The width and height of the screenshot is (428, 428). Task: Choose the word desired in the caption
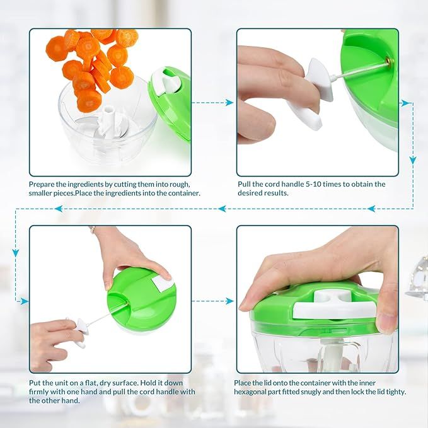(x=252, y=193)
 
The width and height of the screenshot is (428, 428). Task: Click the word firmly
(x=41, y=391)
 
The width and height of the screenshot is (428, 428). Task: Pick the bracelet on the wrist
(x=93, y=230)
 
